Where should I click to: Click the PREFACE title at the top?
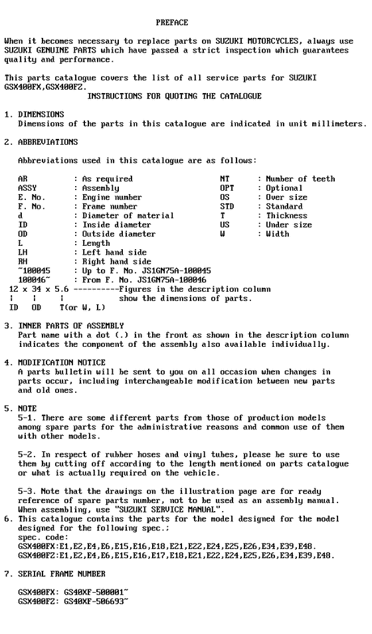(x=172, y=23)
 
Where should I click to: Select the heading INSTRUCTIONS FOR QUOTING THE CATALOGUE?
(x=175, y=96)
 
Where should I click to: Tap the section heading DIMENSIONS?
(x=41, y=115)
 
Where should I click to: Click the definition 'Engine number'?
(x=112, y=197)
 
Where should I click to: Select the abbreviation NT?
(x=225, y=179)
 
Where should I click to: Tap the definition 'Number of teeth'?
(x=300, y=179)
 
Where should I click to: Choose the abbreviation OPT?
(x=227, y=188)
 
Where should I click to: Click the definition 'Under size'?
(x=289, y=225)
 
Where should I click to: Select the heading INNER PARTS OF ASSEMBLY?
(x=71, y=326)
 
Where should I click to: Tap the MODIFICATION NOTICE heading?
(x=62, y=362)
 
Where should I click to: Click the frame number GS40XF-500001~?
(x=96, y=591)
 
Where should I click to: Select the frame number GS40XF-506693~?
(x=96, y=601)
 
